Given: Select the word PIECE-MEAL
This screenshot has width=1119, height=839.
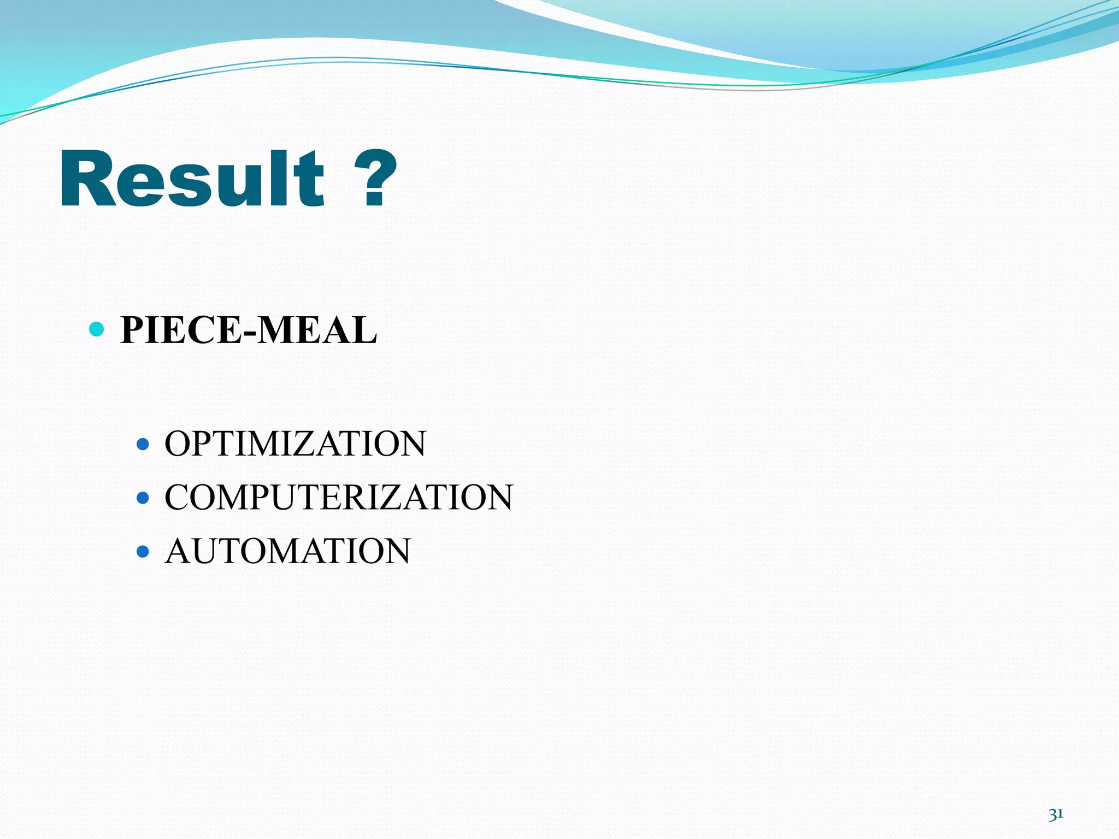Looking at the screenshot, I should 249,330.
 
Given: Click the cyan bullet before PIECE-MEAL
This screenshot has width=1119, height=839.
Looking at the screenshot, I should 96,329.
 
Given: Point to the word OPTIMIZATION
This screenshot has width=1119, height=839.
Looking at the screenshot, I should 295,444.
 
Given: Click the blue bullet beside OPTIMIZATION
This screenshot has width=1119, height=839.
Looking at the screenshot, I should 143,444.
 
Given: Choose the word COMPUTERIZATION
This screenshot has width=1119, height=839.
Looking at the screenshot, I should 339,497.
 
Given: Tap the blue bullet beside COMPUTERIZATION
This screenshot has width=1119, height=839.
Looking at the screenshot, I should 143,498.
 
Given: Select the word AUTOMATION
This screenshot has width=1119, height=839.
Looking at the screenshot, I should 288,551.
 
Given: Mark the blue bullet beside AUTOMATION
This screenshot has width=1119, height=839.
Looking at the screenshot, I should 143,551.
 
